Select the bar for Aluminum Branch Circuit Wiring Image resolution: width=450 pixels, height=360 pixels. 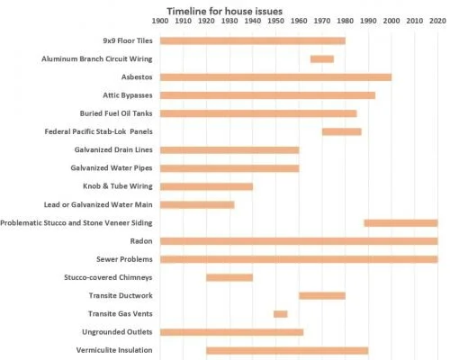click(322, 58)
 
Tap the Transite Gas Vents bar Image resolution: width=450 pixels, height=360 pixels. click(281, 313)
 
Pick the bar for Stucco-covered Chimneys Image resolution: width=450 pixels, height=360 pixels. click(229, 277)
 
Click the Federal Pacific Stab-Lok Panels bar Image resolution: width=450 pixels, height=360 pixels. click(342, 131)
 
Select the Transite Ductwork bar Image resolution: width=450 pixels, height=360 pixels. click(322, 295)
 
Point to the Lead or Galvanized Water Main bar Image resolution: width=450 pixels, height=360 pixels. click(197, 204)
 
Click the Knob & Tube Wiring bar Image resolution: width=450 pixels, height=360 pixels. click(206, 186)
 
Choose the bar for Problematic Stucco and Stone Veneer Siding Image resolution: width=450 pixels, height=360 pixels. click(400, 222)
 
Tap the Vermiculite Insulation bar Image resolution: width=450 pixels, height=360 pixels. click(287, 350)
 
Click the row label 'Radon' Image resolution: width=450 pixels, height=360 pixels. click(141, 241)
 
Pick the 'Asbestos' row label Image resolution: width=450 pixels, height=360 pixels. click(135, 77)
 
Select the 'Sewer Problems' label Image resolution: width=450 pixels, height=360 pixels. click(127, 259)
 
